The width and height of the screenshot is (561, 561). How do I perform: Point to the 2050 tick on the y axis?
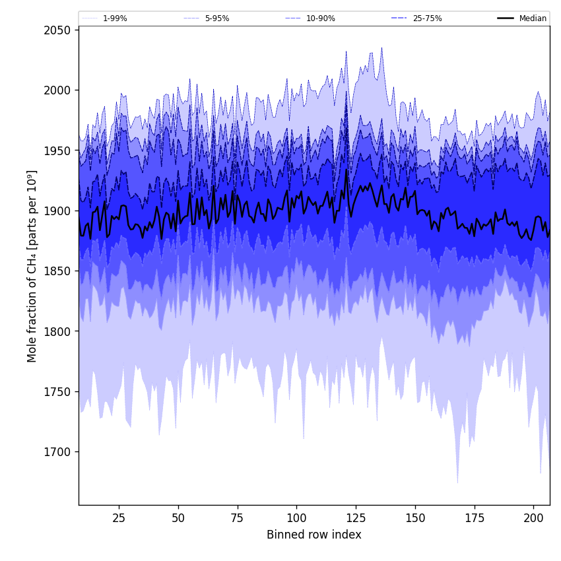(x=58, y=30)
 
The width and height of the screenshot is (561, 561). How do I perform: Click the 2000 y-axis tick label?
(x=58, y=90)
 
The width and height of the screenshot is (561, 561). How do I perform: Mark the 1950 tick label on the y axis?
(x=58, y=150)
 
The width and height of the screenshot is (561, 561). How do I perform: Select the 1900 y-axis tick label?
(x=58, y=211)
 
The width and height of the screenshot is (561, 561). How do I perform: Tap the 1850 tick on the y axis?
(x=58, y=271)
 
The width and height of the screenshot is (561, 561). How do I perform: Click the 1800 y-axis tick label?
(x=58, y=331)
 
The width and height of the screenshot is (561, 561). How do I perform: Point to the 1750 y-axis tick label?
(x=58, y=392)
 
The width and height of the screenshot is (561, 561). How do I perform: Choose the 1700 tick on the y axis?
(x=58, y=452)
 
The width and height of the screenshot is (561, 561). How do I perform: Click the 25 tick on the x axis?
(x=119, y=518)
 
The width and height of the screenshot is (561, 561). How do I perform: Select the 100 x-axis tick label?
(x=296, y=518)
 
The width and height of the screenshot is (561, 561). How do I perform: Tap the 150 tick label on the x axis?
(x=415, y=518)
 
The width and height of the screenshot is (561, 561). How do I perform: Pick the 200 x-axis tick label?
(x=533, y=518)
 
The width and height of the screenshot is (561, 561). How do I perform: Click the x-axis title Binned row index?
(x=314, y=535)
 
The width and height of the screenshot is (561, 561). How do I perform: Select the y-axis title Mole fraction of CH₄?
(x=32, y=266)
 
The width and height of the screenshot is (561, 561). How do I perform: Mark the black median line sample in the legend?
(x=506, y=18)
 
